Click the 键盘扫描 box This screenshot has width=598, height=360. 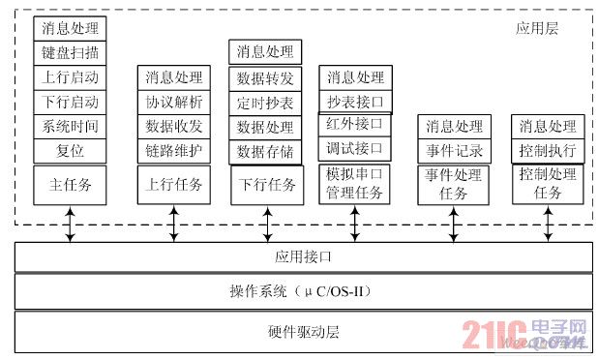(x=71, y=52)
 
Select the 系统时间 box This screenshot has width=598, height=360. (x=71, y=126)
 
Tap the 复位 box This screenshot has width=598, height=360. (x=71, y=151)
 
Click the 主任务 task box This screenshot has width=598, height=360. (x=71, y=184)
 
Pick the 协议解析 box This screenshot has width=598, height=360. (x=174, y=102)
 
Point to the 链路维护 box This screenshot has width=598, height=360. (x=174, y=151)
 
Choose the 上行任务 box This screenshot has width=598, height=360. (x=174, y=184)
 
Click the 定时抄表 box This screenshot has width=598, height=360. (x=263, y=103)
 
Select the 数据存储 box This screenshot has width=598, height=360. (x=263, y=151)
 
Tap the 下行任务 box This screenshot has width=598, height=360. (x=263, y=185)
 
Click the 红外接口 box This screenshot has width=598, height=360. (x=355, y=124)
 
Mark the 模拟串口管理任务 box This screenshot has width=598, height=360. (x=355, y=184)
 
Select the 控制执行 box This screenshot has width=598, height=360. (x=548, y=151)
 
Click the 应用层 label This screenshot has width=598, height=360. (x=537, y=29)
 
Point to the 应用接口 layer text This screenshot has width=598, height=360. (x=304, y=257)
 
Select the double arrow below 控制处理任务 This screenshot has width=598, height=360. (x=548, y=224)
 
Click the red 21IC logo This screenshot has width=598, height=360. (x=493, y=333)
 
